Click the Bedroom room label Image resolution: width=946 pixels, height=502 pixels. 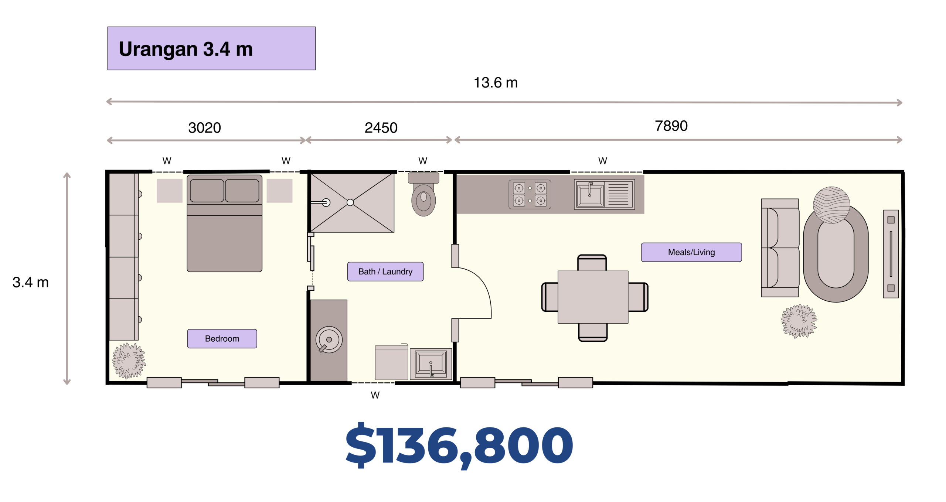(222, 338)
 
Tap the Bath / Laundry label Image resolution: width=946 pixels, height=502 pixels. (385, 272)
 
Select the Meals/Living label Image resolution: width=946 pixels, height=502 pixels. (691, 252)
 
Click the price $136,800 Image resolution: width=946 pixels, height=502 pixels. (459, 445)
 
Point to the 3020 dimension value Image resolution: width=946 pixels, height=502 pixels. (205, 128)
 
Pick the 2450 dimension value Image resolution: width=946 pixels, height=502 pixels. (381, 128)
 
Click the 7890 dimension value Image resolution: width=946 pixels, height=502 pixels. (671, 126)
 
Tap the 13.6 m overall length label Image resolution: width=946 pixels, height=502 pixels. (496, 83)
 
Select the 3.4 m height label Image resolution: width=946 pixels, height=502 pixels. (31, 283)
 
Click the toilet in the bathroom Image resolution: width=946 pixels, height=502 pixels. (423, 194)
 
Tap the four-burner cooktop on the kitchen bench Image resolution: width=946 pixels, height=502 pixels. (530, 194)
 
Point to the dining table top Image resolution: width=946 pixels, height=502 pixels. (593, 297)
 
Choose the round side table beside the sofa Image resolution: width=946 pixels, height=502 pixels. (831, 205)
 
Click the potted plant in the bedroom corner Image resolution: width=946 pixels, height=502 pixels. (129, 361)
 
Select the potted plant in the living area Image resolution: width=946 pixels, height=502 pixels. (799, 321)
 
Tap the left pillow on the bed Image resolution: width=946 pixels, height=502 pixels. (207, 191)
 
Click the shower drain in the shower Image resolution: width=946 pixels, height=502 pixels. (350, 202)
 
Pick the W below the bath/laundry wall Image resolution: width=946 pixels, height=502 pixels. (375, 395)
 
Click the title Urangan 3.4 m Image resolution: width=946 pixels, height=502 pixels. (186, 49)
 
